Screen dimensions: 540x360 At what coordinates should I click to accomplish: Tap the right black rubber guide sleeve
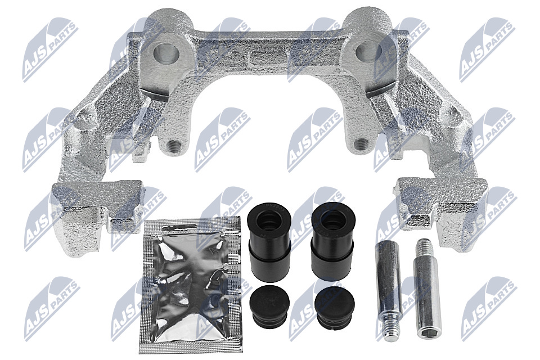coord(332,241)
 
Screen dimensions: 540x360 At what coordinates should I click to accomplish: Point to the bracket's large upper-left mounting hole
coord(166,53)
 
